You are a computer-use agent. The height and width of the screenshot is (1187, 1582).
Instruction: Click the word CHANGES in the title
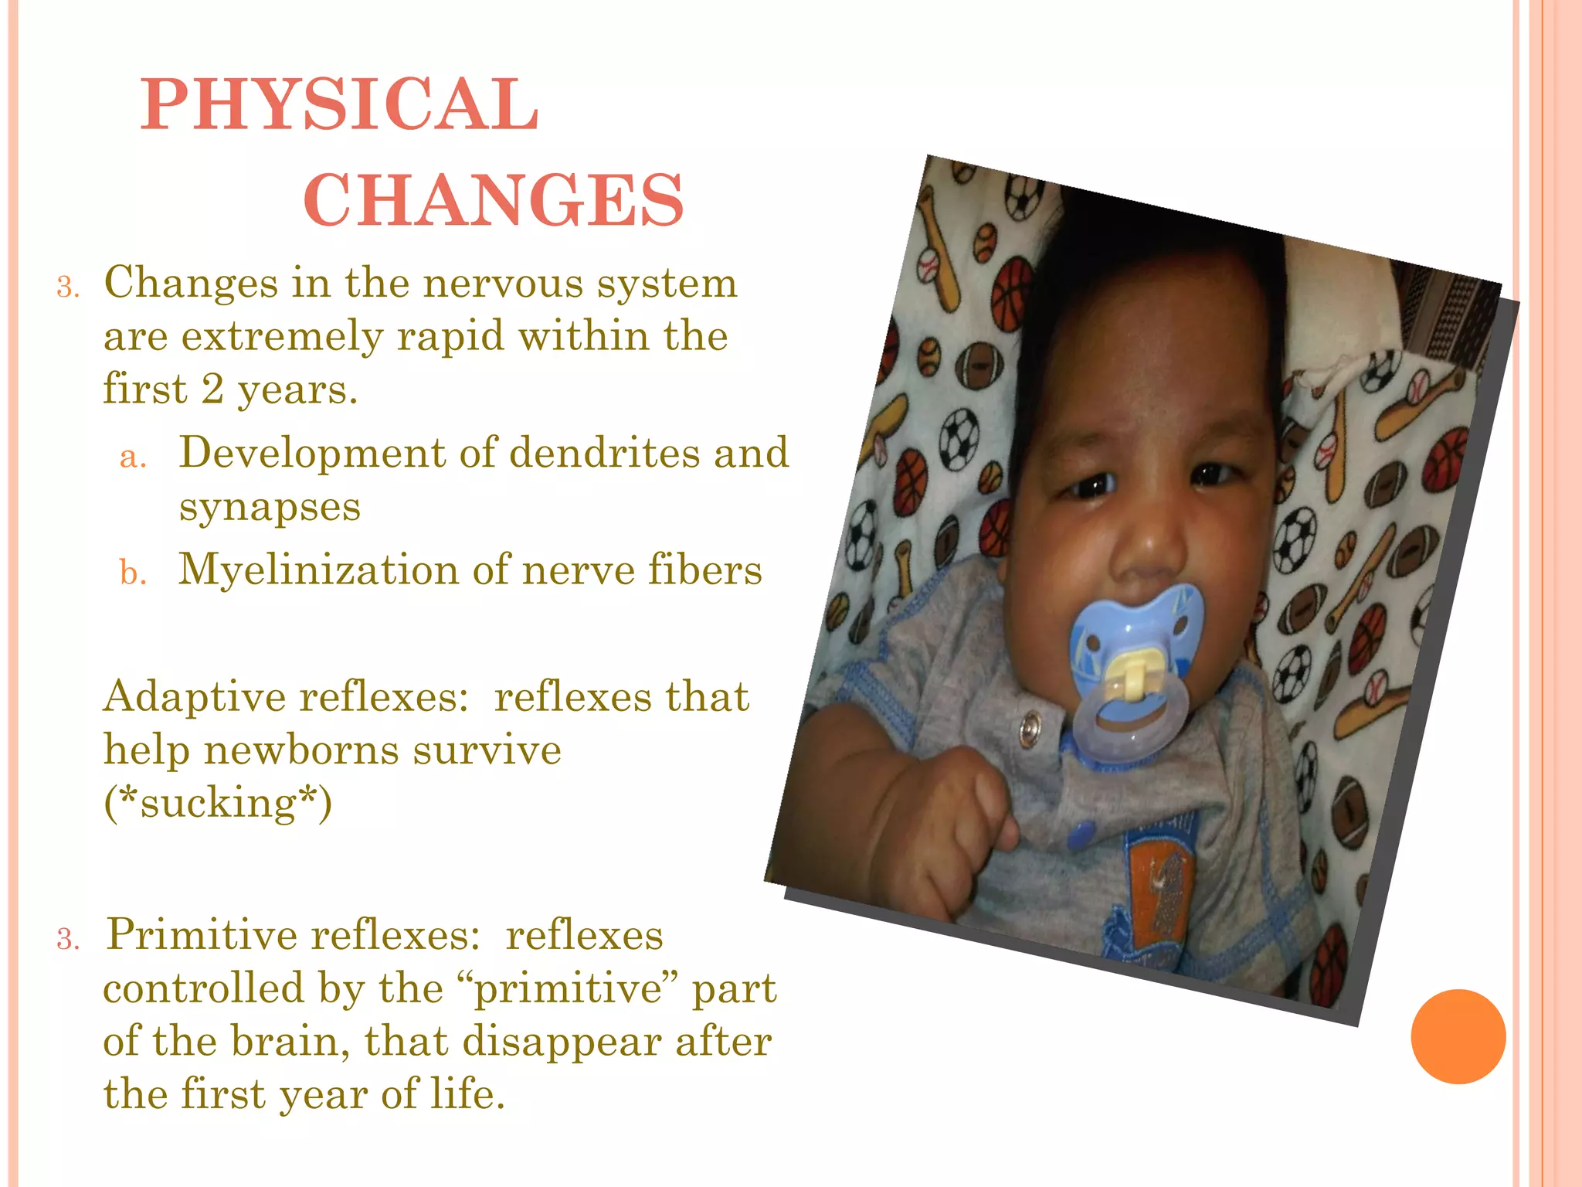tap(494, 200)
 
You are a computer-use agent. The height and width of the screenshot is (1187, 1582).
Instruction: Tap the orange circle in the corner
tap(1458, 1036)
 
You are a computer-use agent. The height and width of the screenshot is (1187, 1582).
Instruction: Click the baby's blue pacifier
tap(1135, 657)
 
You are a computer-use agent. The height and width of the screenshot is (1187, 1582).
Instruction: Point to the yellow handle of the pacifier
tap(1129, 674)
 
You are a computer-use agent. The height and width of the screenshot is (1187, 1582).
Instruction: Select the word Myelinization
tap(318, 570)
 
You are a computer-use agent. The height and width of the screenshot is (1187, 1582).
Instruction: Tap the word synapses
tap(270, 508)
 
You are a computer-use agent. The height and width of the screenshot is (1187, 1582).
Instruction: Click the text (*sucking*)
tap(218, 803)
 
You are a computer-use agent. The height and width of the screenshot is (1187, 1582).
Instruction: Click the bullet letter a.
tap(132, 457)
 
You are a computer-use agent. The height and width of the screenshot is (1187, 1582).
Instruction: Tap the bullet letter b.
tap(132, 573)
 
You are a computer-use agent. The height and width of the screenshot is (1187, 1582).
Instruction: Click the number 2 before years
tap(212, 389)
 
